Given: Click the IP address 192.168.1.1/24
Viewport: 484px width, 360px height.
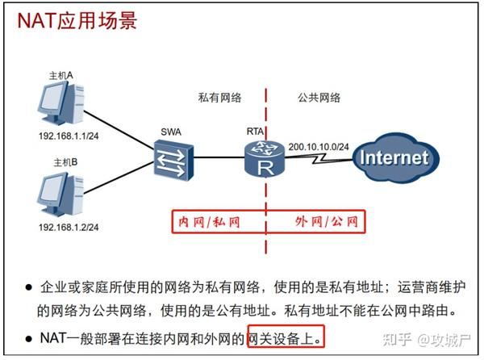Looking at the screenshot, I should pyautogui.click(x=69, y=138).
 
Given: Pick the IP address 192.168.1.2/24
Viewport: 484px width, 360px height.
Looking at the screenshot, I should pyautogui.click(x=69, y=228).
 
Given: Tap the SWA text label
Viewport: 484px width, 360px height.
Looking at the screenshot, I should pyautogui.click(x=171, y=132).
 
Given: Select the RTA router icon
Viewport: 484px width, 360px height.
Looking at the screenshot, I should pyautogui.click(x=265, y=158).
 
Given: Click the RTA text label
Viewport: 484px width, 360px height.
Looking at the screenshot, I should pyautogui.click(x=256, y=131).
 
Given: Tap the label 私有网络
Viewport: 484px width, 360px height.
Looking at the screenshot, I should pyautogui.click(x=219, y=97).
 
